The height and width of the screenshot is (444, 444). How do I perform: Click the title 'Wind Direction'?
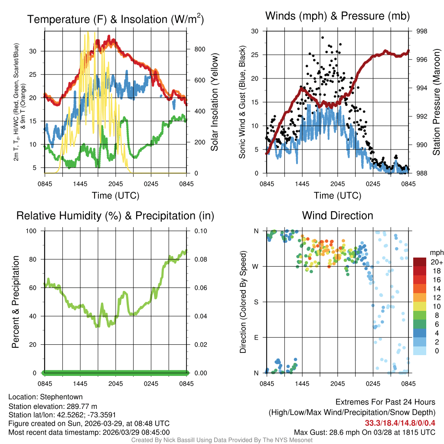pos(337,215)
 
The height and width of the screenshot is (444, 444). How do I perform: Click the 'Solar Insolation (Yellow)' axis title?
pos(214,102)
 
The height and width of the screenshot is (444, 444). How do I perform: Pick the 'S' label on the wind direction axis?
pos(256,302)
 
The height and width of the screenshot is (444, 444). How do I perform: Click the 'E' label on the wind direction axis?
pos(256,337)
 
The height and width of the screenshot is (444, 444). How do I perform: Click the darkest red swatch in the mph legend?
pos(420,262)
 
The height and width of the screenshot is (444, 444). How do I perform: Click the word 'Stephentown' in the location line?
pos(61,397)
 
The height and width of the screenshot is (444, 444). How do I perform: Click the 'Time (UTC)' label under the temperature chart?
pos(115,196)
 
